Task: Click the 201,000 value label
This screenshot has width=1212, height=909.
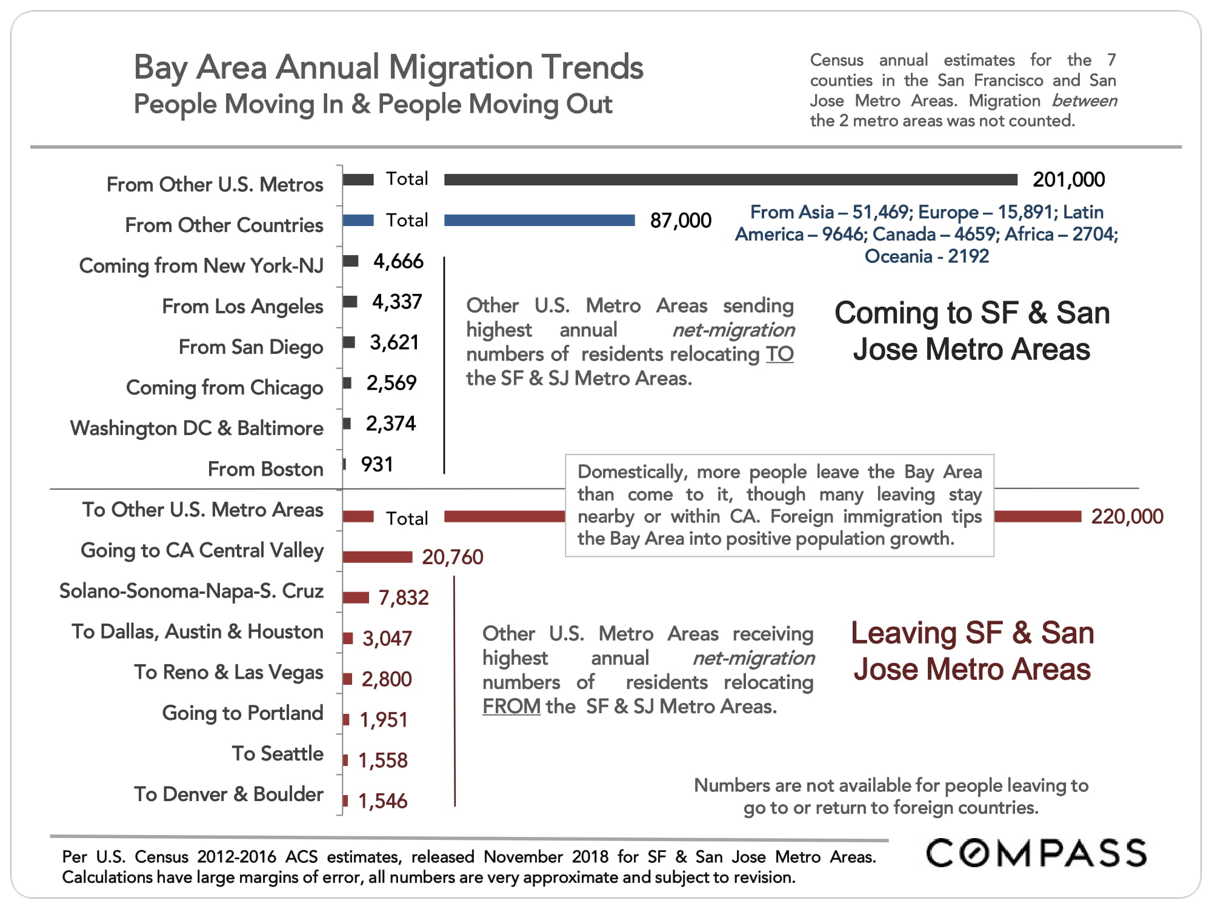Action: (x=1068, y=180)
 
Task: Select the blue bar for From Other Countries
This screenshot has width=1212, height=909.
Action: (x=539, y=221)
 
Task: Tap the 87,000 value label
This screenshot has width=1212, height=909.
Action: (x=680, y=221)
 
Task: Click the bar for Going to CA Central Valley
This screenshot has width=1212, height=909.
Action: (x=377, y=557)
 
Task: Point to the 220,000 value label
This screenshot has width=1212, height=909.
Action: (x=1127, y=517)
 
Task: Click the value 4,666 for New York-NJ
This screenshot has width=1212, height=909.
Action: (x=398, y=262)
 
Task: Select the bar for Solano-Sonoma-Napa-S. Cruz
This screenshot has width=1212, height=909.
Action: (x=356, y=598)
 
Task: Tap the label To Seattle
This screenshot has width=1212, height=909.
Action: (x=278, y=754)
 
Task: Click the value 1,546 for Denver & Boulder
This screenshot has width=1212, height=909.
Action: (x=382, y=801)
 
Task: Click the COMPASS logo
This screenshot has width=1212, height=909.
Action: (x=1036, y=853)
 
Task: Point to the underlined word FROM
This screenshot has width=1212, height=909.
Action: (x=511, y=707)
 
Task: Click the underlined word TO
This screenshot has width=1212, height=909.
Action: (x=779, y=355)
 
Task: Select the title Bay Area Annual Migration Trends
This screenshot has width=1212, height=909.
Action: (x=388, y=67)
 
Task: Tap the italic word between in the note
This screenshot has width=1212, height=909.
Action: (x=1084, y=101)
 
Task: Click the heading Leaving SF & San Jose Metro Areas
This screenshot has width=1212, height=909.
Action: (x=972, y=651)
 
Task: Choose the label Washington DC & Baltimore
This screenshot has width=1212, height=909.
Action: (x=197, y=428)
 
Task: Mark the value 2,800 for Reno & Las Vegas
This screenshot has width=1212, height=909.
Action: (x=386, y=679)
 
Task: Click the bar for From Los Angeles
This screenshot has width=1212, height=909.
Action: (x=350, y=302)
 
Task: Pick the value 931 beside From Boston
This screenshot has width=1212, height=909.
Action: (x=377, y=465)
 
